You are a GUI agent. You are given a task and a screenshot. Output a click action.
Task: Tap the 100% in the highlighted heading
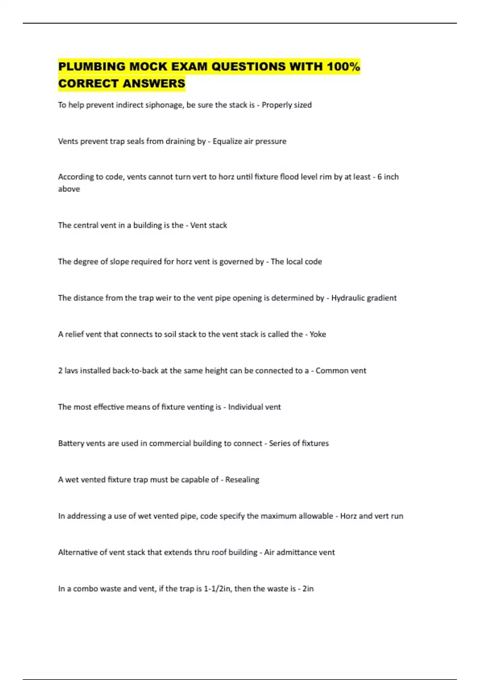click(x=343, y=66)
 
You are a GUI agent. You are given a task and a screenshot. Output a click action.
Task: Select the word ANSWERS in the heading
click(x=154, y=84)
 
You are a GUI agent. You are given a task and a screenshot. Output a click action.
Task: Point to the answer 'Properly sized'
click(x=286, y=105)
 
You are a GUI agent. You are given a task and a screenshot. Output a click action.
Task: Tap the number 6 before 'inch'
click(x=380, y=177)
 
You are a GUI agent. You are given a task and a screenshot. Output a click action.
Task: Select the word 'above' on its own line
click(x=69, y=189)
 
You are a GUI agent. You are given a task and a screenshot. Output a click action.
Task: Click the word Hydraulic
click(x=347, y=298)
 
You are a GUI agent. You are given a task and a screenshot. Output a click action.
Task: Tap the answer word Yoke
click(x=318, y=334)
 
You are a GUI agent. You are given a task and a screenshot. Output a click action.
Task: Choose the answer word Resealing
click(x=242, y=480)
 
